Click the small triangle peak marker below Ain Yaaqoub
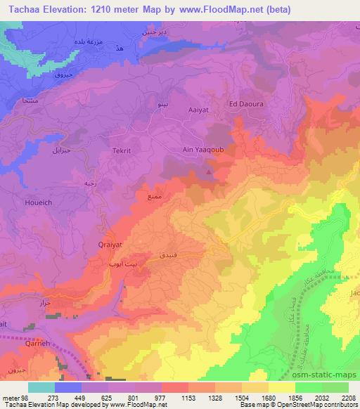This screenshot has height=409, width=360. click(208, 169)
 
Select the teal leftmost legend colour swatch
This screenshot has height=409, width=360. click(41, 387)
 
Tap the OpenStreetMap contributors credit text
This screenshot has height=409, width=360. click(323, 405)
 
